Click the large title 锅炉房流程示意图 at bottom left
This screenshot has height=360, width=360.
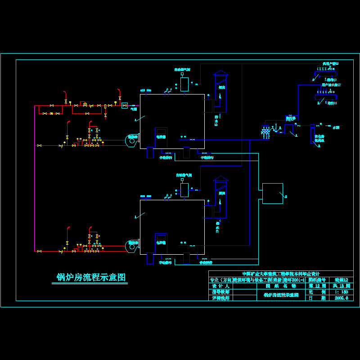click(90, 277)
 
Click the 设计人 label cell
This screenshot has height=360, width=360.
click(220, 286)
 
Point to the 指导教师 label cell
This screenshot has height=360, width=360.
click(220, 292)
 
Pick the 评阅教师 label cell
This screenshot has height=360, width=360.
click(220, 298)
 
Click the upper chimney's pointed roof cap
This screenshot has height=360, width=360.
click(221, 72)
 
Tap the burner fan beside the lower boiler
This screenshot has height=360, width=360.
click(132, 245)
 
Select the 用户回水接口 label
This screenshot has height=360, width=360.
click(331, 85)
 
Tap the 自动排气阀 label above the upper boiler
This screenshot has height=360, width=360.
click(183, 70)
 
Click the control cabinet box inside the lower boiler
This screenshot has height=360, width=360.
click(161, 241)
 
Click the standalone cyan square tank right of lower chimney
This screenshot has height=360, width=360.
click(273, 193)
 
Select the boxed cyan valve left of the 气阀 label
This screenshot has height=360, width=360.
click(125, 105)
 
